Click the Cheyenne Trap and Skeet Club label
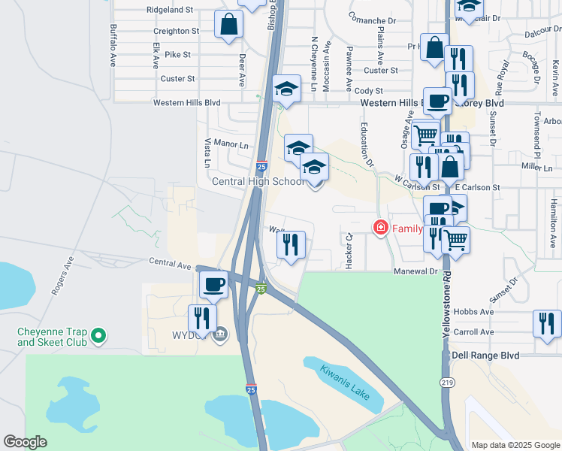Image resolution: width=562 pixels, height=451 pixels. pyautogui.click(x=53, y=337)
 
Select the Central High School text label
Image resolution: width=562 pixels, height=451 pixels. pyautogui.click(x=258, y=182)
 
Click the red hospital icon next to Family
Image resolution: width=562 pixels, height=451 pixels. pyautogui.click(x=381, y=226)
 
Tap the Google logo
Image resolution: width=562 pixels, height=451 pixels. pyautogui.click(x=25, y=442)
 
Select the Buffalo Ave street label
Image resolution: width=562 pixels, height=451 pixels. pyautogui.click(x=113, y=41)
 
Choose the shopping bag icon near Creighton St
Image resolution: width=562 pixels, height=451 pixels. pyautogui.click(x=228, y=24)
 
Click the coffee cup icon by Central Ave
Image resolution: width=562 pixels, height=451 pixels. pyautogui.click(x=214, y=284)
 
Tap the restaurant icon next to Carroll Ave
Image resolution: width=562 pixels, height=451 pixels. pyautogui.click(x=547, y=323)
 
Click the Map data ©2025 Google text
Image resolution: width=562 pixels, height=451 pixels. pyautogui.click(x=515, y=445)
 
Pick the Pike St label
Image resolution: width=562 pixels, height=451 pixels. pyautogui.click(x=177, y=55)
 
